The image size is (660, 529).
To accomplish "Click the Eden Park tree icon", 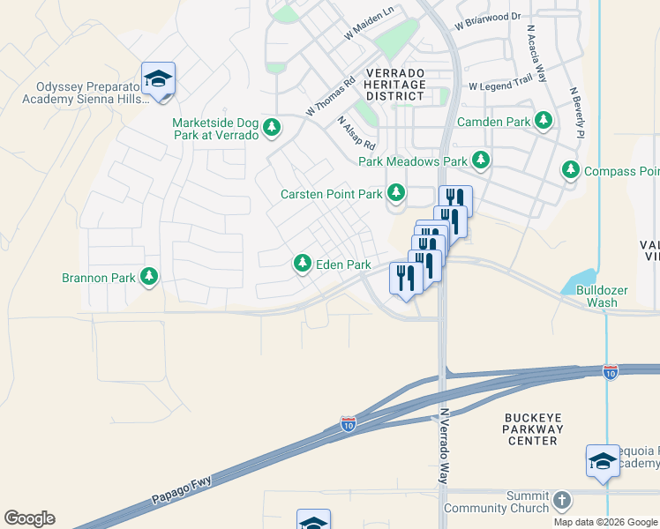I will [x=303, y=264].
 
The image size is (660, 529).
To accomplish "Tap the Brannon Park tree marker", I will [x=149, y=278].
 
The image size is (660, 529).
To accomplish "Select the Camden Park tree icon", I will [x=544, y=121].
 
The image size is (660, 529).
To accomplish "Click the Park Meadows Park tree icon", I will [x=481, y=160].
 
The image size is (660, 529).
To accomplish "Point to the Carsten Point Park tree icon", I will [x=397, y=192].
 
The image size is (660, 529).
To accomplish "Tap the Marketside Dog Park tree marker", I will [x=272, y=127].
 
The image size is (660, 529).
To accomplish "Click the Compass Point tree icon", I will [x=571, y=170].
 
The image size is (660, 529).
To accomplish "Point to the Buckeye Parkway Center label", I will [x=532, y=428].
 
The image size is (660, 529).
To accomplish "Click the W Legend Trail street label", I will [x=501, y=86].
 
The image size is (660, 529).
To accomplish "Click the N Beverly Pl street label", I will [x=578, y=113].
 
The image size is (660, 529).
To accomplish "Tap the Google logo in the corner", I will [x=29, y=518].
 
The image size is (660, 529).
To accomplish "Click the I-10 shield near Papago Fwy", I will [x=348, y=425].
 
